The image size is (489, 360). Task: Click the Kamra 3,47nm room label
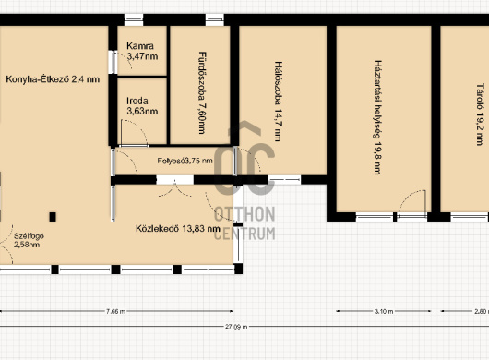142,51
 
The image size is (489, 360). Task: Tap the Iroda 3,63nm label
142,106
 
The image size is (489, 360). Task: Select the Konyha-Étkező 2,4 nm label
53,79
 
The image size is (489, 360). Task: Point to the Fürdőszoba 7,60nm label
202,92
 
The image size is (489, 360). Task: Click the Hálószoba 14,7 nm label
279,101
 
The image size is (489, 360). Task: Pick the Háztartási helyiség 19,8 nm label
377,117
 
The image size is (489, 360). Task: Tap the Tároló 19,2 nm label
481,114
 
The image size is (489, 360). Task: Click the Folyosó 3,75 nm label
185,161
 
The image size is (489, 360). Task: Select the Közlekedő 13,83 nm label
178,229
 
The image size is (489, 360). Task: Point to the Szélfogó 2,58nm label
29,240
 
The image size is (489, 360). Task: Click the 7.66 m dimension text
115,311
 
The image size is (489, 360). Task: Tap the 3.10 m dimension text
384,311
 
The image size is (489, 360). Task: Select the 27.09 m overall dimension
236,327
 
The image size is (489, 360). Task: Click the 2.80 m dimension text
482,311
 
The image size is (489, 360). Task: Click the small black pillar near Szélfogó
53,217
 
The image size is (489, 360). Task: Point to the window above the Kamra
134,19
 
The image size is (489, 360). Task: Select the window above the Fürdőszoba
215,19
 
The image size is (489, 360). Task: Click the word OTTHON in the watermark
244,214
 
